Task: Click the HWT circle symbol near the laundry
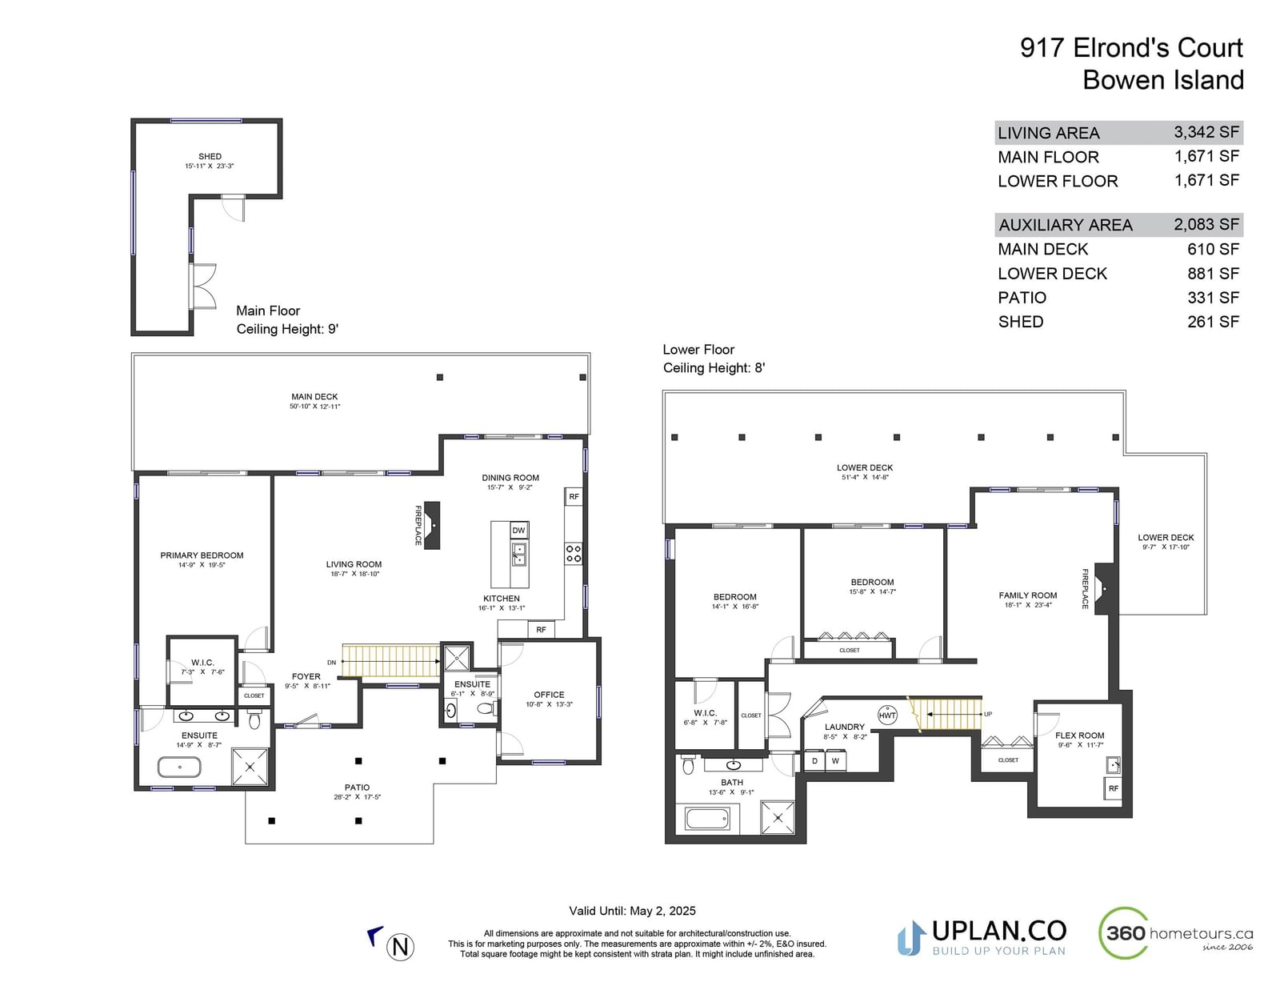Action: pyautogui.click(x=887, y=715)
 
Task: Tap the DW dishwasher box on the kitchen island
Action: pyautogui.click(x=518, y=531)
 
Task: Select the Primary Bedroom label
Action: pyautogui.click(x=202, y=555)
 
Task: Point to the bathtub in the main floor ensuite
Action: pyautogui.click(x=180, y=767)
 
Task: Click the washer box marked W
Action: pyautogui.click(x=835, y=761)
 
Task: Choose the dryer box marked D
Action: pyautogui.click(x=814, y=761)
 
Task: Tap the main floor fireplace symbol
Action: pyautogui.click(x=432, y=525)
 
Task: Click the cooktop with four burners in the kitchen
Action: pyautogui.click(x=573, y=553)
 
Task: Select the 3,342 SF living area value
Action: pyautogui.click(x=1206, y=132)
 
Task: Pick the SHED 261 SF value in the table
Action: pyautogui.click(x=1214, y=322)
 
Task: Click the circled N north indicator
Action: pyautogui.click(x=400, y=947)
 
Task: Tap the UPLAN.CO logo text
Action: pyautogui.click(x=999, y=931)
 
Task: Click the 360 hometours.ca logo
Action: pyautogui.click(x=1176, y=933)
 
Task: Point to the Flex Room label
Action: pyautogui.click(x=1080, y=735)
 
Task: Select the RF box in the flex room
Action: pyautogui.click(x=1113, y=788)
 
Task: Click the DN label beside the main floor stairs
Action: pyautogui.click(x=332, y=663)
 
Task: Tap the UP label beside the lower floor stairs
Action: pyautogui.click(x=988, y=714)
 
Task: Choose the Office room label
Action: pyautogui.click(x=549, y=695)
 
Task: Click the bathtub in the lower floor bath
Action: pyautogui.click(x=707, y=819)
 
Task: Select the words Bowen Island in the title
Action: pyautogui.click(x=1163, y=80)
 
